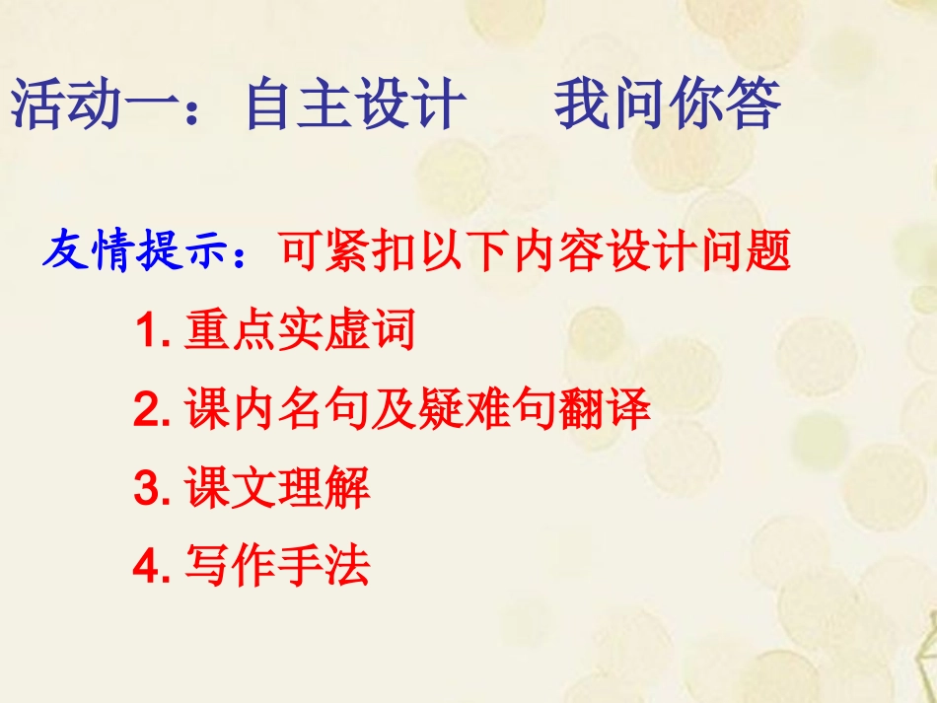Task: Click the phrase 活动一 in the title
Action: tap(95, 105)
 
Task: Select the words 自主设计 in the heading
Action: tap(356, 105)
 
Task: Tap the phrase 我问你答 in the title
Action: tap(668, 105)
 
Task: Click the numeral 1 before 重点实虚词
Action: tap(145, 333)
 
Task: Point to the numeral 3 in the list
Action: tap(145, 489)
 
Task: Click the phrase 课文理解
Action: tap(277, 489)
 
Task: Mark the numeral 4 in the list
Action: tap(145, 567)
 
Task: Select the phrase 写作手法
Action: tap(277, 567)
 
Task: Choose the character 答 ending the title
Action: tap(754, 105)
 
